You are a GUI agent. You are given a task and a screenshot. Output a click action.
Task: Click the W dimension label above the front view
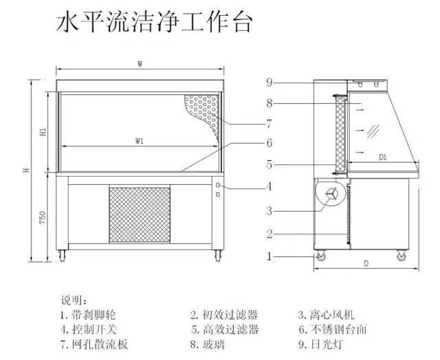pyautogui.click(x=140, y=64)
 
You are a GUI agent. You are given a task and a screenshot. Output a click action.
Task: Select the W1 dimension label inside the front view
pyautogui.click(x=139, y=141)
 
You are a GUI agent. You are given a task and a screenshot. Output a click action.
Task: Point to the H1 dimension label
pyautogui.click(x=43, y=131)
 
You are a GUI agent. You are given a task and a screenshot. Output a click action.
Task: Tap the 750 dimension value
pyautogui.click(x=43, y=218)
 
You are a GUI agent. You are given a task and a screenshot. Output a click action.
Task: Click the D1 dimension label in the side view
pyautogui.click(x=383, y=157)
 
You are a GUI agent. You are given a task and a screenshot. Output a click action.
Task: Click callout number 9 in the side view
pyautogui.click(x=270, y=82)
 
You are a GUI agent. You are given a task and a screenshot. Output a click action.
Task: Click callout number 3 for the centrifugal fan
pyautogui.click(x=270, y=210)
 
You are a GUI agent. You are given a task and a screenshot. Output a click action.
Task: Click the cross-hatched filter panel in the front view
pyautogui.click(x=139, y=212)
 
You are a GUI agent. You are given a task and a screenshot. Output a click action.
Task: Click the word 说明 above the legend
pyautogui.click(x=73, y=301)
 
